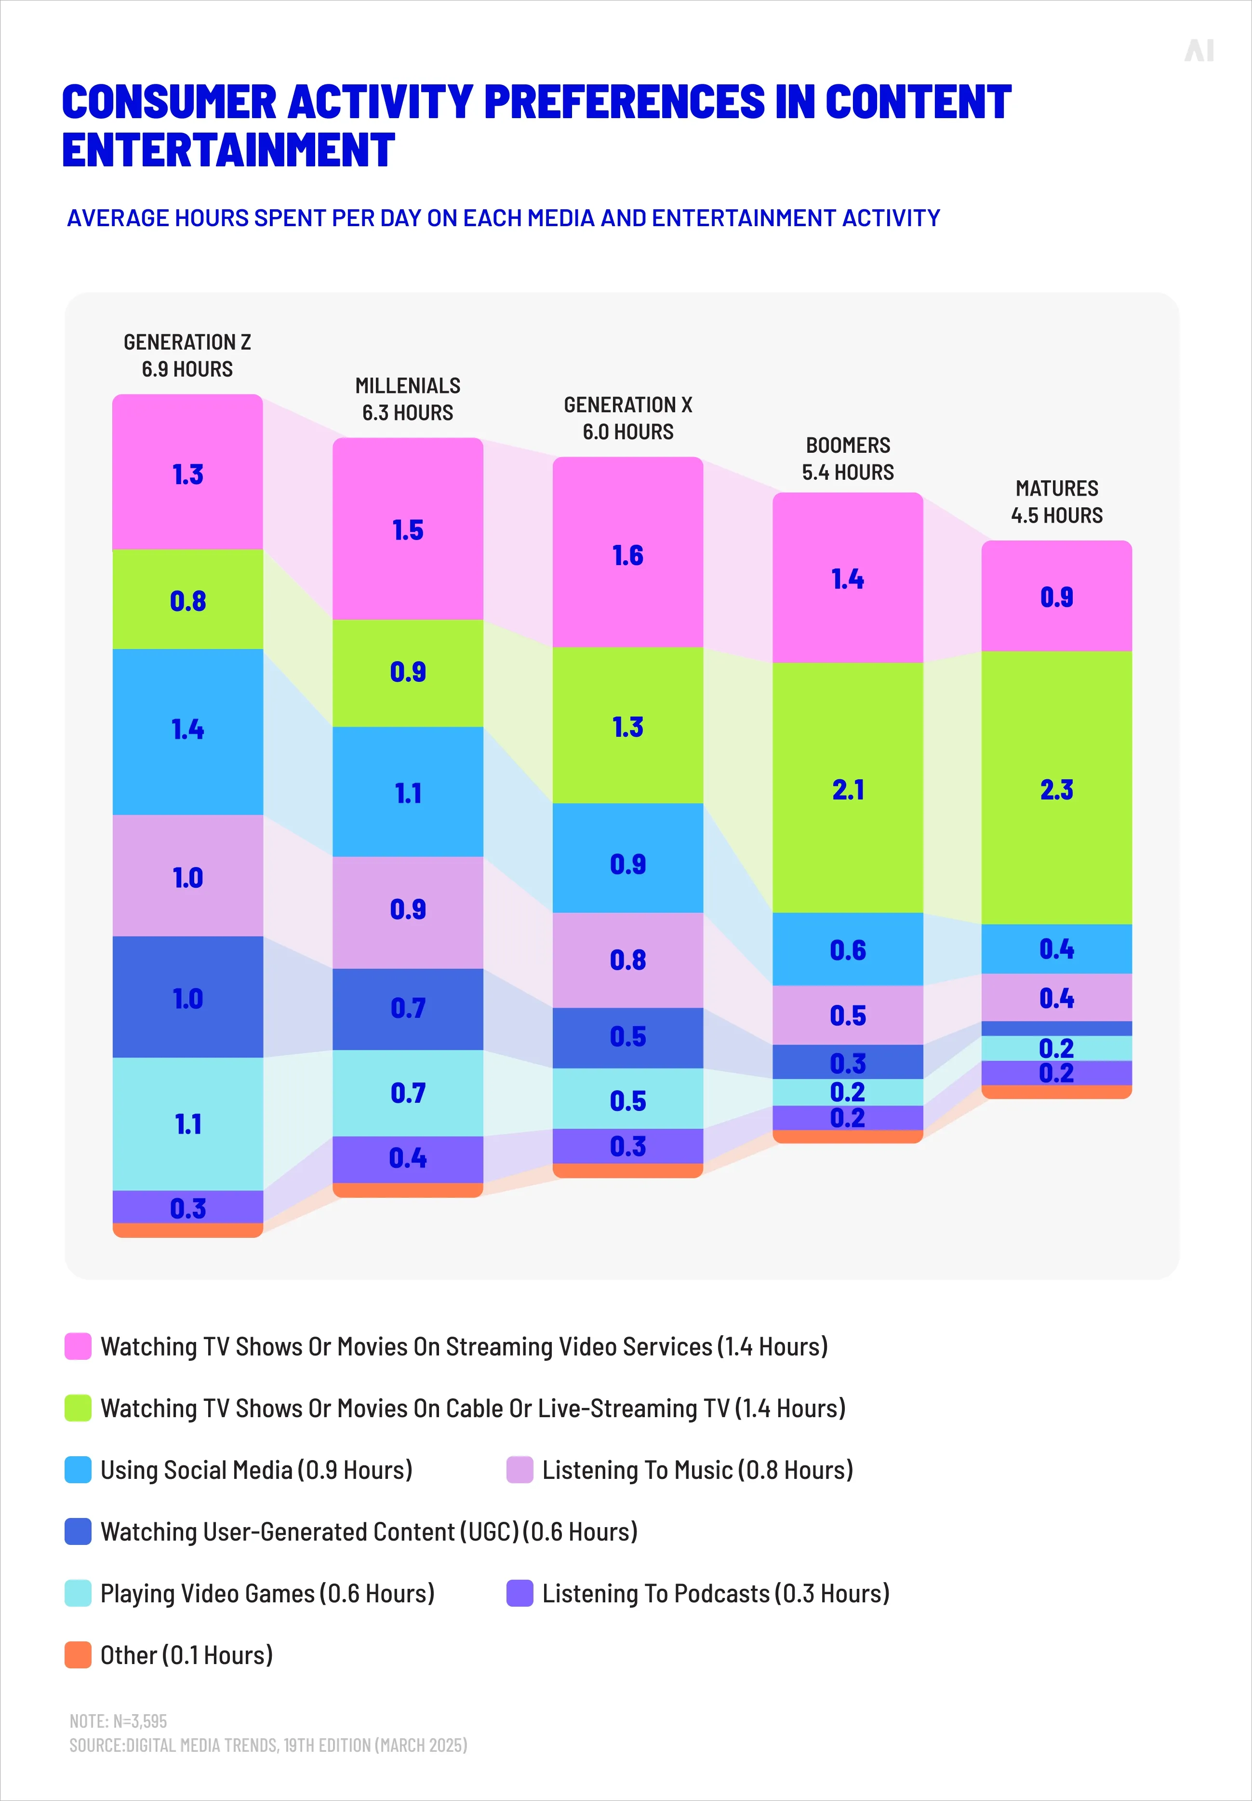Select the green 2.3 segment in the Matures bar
(1056, 788)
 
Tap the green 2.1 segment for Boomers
(848, 788)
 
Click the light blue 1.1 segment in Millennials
(408, 792)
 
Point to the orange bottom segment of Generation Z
(187, 1230)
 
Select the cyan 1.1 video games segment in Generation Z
(187, 1123)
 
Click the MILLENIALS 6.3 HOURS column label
(408, 398)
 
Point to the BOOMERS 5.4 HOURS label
(848, 458)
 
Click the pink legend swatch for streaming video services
(78, 1346)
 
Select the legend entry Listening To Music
(696, 1470)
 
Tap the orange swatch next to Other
(78, 1655)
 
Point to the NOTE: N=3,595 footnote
(119, 1721)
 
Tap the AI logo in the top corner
(1199, 51)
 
